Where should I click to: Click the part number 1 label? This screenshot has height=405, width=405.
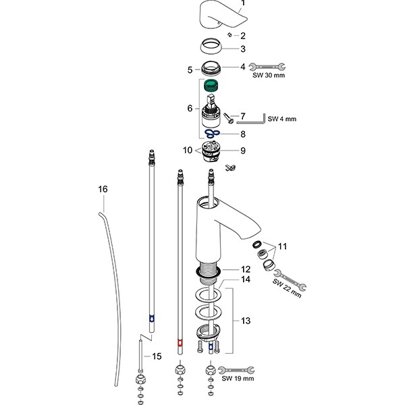tap(244, 3)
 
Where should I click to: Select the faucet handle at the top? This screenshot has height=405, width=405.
tap(218, 15)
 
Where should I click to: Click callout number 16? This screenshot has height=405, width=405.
tap(103, 191)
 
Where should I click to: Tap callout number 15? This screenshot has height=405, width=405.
tap(157, 356)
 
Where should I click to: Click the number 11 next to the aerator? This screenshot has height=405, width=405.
tap(283, 247)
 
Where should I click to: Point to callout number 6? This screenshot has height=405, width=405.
tap(190, 108)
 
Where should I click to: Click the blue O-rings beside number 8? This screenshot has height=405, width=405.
tap(213, 134)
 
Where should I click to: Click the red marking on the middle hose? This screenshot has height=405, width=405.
tap(179, 342)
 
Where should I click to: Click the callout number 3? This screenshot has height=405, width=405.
tap(243, 49)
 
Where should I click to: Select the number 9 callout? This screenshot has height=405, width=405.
tap(243, 150)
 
